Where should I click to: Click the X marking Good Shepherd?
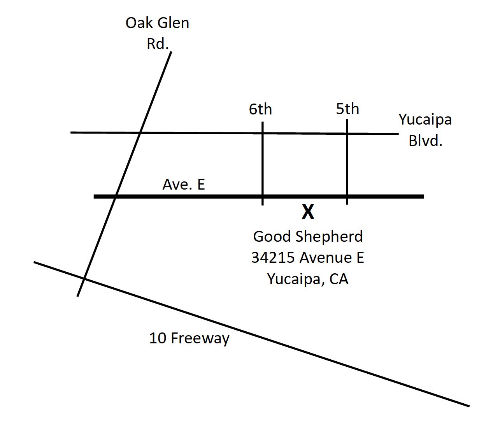click(x=308, y=212)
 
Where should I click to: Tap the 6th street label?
click(x=260, y=109)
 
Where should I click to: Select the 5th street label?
click(x=347, y=109)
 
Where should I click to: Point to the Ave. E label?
click(x=183, y=184)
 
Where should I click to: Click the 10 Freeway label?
click(x=189, y=338)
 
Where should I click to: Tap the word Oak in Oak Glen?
click(x=138, y=23)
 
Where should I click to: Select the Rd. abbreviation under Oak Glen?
click(x=158, y=44)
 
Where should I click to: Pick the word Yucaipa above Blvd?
click(x=425, y=119)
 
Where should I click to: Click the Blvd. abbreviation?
click(x=425, y=140)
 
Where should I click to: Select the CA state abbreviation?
click(x=339, y=279)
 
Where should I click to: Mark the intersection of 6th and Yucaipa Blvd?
click(x=263, y=133)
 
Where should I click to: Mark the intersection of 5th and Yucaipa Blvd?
click(x=347, y=134)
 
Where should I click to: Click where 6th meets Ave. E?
click(x=263, y=197)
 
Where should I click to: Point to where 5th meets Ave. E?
click(x=347, y=197)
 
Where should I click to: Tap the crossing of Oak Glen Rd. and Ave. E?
click(x=115, y=197)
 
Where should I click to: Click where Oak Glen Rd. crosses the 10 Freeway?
click(x=84, y=279)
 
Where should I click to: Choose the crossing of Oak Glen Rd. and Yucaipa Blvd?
click(x=140, y=133)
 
